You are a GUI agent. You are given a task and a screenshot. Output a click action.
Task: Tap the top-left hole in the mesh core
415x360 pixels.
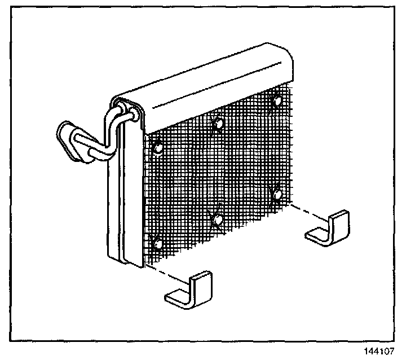click(158, 148)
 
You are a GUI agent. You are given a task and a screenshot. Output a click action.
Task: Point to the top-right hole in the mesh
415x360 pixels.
click(276, 102)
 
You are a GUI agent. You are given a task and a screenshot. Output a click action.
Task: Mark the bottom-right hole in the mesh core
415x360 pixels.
click(277, 195)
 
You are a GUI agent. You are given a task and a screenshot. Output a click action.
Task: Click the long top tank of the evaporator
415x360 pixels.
click(203, 85)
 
